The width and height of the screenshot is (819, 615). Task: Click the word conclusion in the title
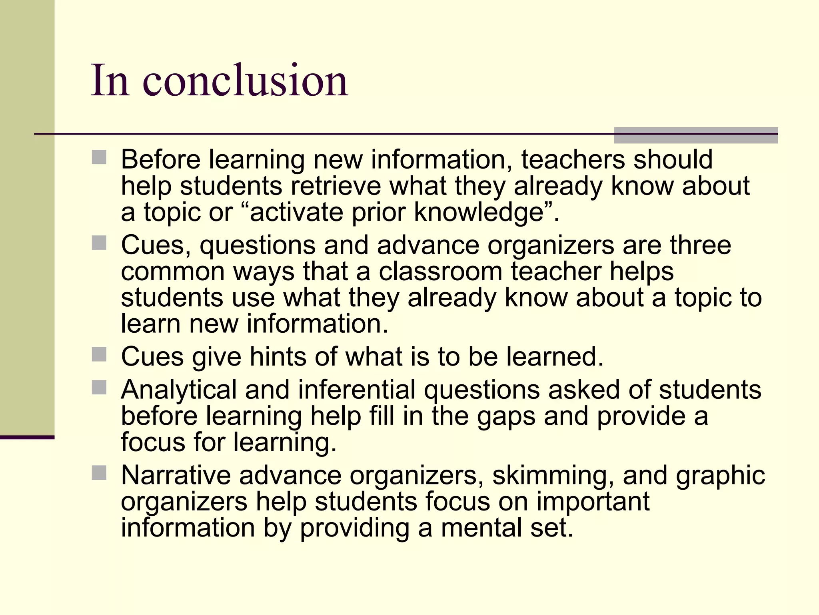point(245,81)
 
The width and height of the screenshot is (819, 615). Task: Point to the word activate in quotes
point(296,212)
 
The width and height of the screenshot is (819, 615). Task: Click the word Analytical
point(179,390)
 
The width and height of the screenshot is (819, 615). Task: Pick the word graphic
point(720,476)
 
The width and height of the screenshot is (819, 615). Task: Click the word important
point(593,501)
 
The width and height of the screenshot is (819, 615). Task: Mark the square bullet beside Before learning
point(99,157)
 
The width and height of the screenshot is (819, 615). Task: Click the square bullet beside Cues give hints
point(99,354)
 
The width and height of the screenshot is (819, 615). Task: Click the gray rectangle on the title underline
point(696,135)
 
